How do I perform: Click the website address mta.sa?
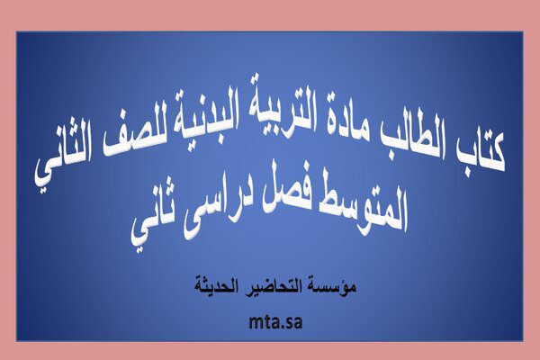(275, 322)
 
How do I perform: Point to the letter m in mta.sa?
(256, 324)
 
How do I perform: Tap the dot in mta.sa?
(283, 328)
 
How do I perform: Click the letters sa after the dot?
(293, 324)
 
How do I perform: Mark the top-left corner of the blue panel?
(16, 31)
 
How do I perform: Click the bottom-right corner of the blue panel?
(523, 341)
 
